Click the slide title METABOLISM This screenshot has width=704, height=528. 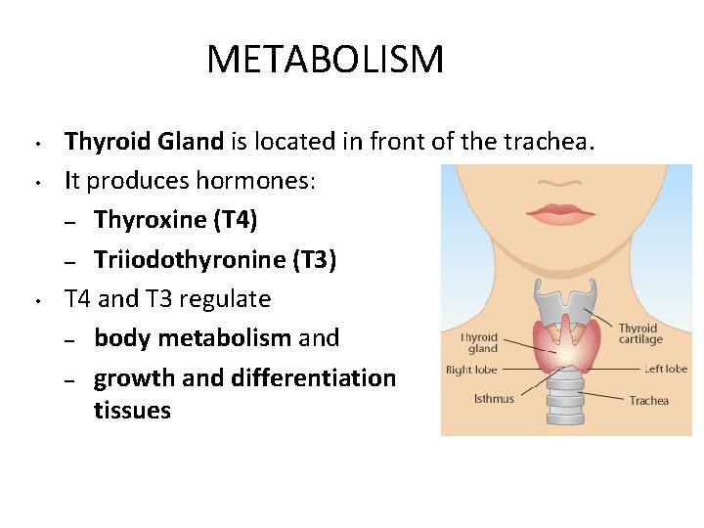325,60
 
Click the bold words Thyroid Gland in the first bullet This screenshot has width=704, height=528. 144,142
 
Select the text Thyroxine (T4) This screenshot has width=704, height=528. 176,220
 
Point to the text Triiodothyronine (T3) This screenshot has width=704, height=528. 215,259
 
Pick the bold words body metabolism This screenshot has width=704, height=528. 193,338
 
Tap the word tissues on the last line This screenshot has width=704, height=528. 132,410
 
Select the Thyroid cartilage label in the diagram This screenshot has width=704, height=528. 639,333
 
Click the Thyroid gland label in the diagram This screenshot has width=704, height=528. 479,342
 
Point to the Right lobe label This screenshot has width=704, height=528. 472,371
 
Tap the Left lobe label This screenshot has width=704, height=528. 665,369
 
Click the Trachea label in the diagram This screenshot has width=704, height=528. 648,400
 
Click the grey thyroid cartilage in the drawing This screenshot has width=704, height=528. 566,304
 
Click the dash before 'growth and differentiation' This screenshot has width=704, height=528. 69,379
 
